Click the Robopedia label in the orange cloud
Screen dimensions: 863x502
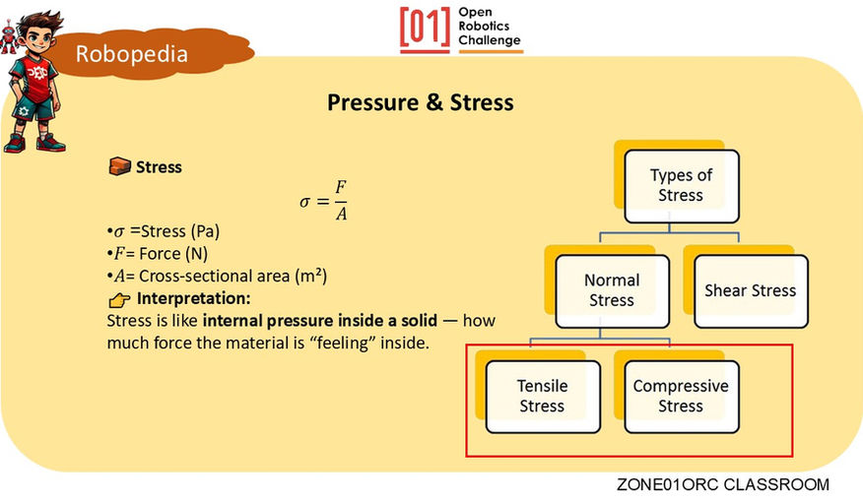(132, 54)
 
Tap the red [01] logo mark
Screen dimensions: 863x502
(425, 28)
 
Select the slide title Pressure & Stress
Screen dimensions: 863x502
(421, 102)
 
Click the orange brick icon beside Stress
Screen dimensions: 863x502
(119, 166)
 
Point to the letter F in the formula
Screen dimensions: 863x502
(341, 187)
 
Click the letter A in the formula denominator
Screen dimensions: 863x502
(341, 214)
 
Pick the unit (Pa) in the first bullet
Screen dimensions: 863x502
(205, 231)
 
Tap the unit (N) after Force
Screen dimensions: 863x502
(197, 254)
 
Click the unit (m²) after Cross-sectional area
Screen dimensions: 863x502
(311, 276)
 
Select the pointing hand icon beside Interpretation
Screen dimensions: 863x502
(119, 300)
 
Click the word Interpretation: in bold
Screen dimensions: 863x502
(194, 298)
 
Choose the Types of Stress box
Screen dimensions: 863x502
(682, 186)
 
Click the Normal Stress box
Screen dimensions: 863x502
(612, 290)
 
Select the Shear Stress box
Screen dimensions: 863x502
(751, 290)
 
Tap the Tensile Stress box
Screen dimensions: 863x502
(543, 397)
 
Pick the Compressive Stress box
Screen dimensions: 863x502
(682, 397)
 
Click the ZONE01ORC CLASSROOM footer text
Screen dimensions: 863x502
(723, 484)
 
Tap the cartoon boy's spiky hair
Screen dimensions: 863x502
(39, 21)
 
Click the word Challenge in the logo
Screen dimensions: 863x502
(490, 40)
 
